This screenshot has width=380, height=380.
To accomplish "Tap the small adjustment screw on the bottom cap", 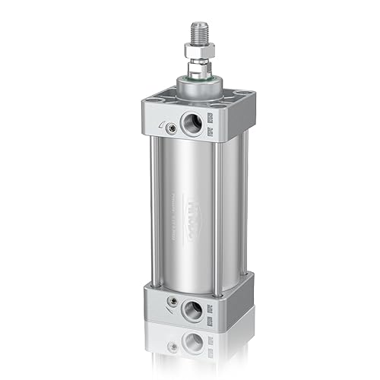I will [x=173, y=304].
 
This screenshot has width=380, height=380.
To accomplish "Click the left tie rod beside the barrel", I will [x=154, y=213].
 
